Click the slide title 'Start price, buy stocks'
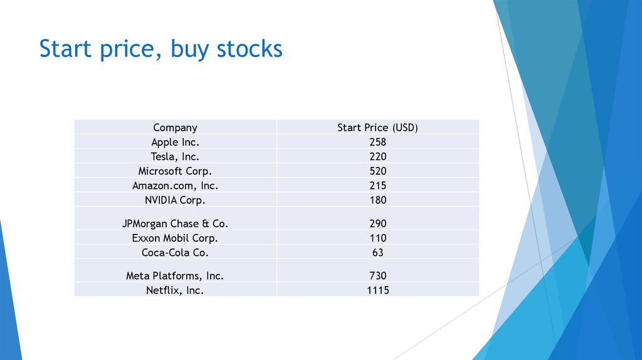[160, 49]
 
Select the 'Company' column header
[175, 127]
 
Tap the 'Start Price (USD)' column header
[377, 127]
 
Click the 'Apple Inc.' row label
[175, 142]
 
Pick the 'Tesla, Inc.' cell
[175, 156]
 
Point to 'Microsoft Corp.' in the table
[175, 171]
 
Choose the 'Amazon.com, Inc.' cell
[175, 186]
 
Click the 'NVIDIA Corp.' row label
[175, 200]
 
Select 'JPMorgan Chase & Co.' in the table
[175, 223]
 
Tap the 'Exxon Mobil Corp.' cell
[175, 238]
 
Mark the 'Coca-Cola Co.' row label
[175, 253]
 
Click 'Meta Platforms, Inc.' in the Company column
[175, 275]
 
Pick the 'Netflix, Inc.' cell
[175, 290]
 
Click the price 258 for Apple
[377, 142]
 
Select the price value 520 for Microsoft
[377, 171]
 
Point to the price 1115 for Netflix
[377, 290]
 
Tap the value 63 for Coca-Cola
[377, 253]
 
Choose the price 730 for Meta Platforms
[377, 275]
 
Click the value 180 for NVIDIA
[377, 200]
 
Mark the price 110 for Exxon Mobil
[377, 238]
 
